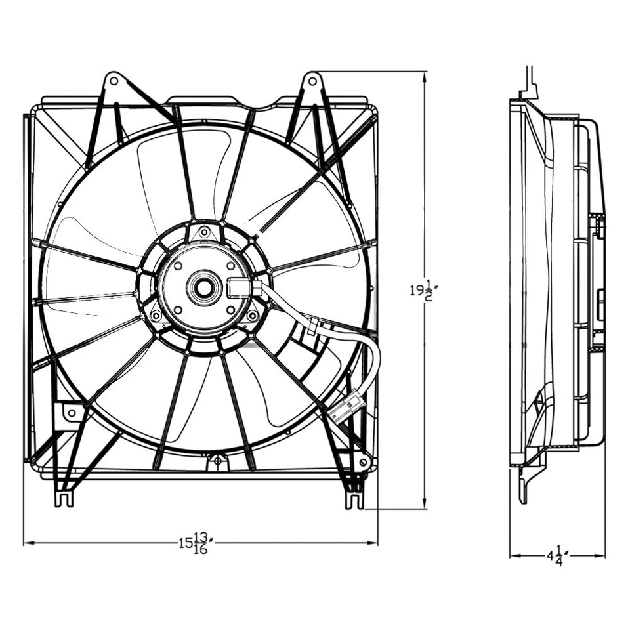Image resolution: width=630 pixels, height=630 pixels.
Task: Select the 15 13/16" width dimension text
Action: [197, 543]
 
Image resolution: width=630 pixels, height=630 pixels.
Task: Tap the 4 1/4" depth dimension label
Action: [557, 556]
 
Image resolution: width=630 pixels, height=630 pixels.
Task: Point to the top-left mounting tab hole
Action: [113, 81]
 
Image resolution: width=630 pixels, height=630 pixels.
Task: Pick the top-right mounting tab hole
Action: [313, 81]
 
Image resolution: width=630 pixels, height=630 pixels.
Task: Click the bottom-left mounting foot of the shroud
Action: [64, 497]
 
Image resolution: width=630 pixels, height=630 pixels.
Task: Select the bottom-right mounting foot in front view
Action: [354, 499]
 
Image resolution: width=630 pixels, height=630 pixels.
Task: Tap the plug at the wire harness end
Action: [346, 405]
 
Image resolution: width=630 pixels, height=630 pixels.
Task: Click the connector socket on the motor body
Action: [240, 287]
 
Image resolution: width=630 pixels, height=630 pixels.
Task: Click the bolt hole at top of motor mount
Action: [204, 232]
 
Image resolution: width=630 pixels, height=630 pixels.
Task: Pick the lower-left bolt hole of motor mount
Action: [156, 316]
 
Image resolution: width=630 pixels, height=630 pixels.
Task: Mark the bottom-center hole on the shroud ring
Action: [217, 462]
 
